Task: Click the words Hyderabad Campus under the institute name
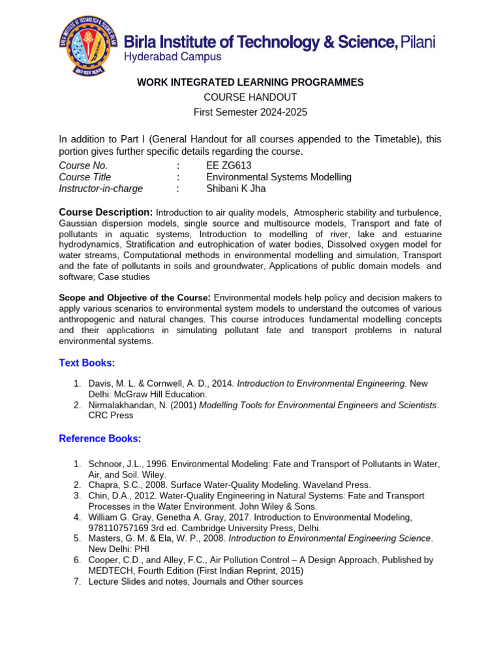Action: [172, 57]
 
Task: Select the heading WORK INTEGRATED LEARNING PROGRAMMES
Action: [250, 82]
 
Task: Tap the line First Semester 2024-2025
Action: [250, 112]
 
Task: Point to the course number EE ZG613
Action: [230, 165]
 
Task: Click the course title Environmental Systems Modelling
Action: [279, 177]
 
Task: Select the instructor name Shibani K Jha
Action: [236, 189]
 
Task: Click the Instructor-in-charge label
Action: [100, 189]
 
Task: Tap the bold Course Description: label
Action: [106, 212]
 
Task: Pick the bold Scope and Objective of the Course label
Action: [134, 298]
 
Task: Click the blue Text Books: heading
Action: [87, 363]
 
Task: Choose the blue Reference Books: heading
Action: [100, 438]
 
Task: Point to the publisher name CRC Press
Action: [111, 416]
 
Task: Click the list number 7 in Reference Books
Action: [76, 581]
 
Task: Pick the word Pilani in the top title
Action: [417, 42]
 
